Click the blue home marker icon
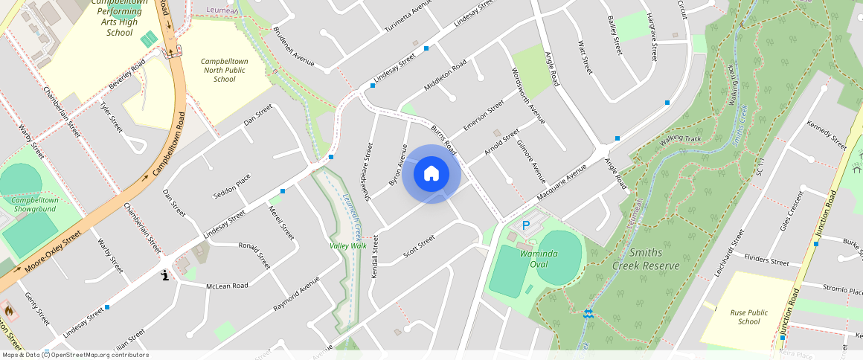[x=431, y=174]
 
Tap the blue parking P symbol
[x=526, y=225]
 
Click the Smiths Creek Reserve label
[x=646, y=259]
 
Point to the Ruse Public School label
[x=749, y=318]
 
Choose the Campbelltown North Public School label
[x=224, y=71]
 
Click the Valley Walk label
[x=348, y=245]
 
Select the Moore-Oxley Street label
[x=52, y=260]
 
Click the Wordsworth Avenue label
[x=527, y=96]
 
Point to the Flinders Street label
[x=766, y=262]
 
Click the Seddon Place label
[x=232, y=185]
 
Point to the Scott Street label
[x=419, y=247]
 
